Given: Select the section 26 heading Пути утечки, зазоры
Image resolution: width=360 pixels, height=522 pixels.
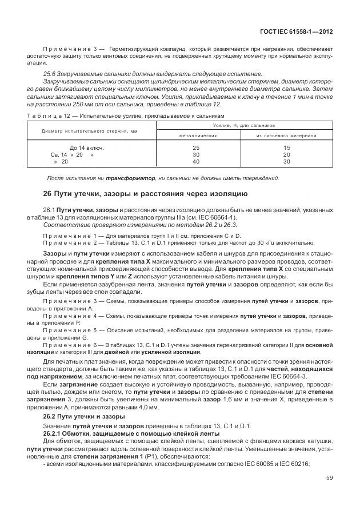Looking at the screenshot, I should pyautogui.click(x=146, y=194).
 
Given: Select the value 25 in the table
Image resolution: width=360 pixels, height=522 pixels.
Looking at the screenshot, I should pyautogui.click(x=197, y=148).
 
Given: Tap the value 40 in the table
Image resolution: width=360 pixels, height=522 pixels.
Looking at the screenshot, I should pyautogui.click(x=197, y=162).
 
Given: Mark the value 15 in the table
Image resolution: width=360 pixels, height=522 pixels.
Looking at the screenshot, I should pyautogui.click(x=286, y=148).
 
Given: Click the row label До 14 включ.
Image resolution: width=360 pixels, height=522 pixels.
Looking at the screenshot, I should pyautogui.click(x=74, y=148).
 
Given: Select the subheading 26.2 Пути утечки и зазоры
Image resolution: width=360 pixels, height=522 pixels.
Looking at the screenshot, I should pyautogui.click(x=78, y=417).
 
